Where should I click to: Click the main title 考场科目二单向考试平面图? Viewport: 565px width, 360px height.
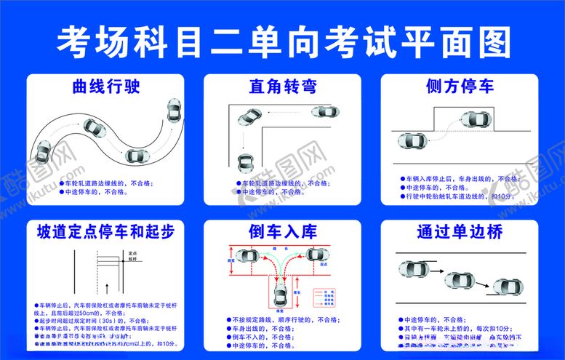point(282,41)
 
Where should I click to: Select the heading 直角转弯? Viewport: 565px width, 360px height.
point(282,87)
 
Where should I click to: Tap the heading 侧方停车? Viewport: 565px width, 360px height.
point(460,87)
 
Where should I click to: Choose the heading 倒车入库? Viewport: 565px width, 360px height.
point(282,232)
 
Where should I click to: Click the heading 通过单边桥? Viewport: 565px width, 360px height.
point(460,232)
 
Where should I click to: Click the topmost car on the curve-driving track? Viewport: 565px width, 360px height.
point(174,111)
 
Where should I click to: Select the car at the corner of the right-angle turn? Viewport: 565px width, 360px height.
point(249,116)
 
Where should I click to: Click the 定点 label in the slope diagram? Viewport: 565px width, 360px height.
point(132,252)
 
